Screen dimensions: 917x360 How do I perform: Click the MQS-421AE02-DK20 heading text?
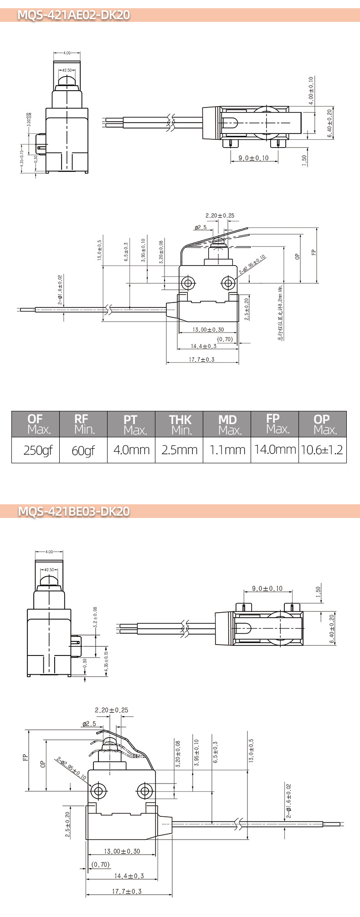pyautogui.click(x=73, y=15)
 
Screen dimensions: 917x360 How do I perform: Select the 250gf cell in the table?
pyautogui.click(x=36, y=450)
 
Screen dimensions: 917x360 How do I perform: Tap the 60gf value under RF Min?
pyautogui.click(x=83, y=450)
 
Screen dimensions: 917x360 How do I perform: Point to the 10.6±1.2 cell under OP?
pyautogui.click(x=322, y=450)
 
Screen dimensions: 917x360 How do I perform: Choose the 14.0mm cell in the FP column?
pyautogui.click(x=275, y=450)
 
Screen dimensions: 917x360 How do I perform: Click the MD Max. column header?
pyautogui.click(x=227, y=424)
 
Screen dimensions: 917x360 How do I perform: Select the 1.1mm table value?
pyautogui.click(x=227, y=450)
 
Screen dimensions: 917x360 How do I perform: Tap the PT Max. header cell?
pyautogui.click(x=131, y=424)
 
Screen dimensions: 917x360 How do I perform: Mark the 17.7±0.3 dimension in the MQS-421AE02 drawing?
pyautogui.click(x=202, y=359)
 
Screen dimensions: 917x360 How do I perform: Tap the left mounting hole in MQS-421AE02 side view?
pyautogui.click(x=187, y=283)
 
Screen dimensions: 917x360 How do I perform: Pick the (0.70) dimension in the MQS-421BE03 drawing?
pyautogui.click(x=100, y=864)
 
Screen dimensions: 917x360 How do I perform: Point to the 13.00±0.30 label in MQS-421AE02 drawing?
pyautogui.click(x=208, y=329)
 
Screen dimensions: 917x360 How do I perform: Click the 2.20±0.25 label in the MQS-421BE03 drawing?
pyautogui.click(x=111, y=710)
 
